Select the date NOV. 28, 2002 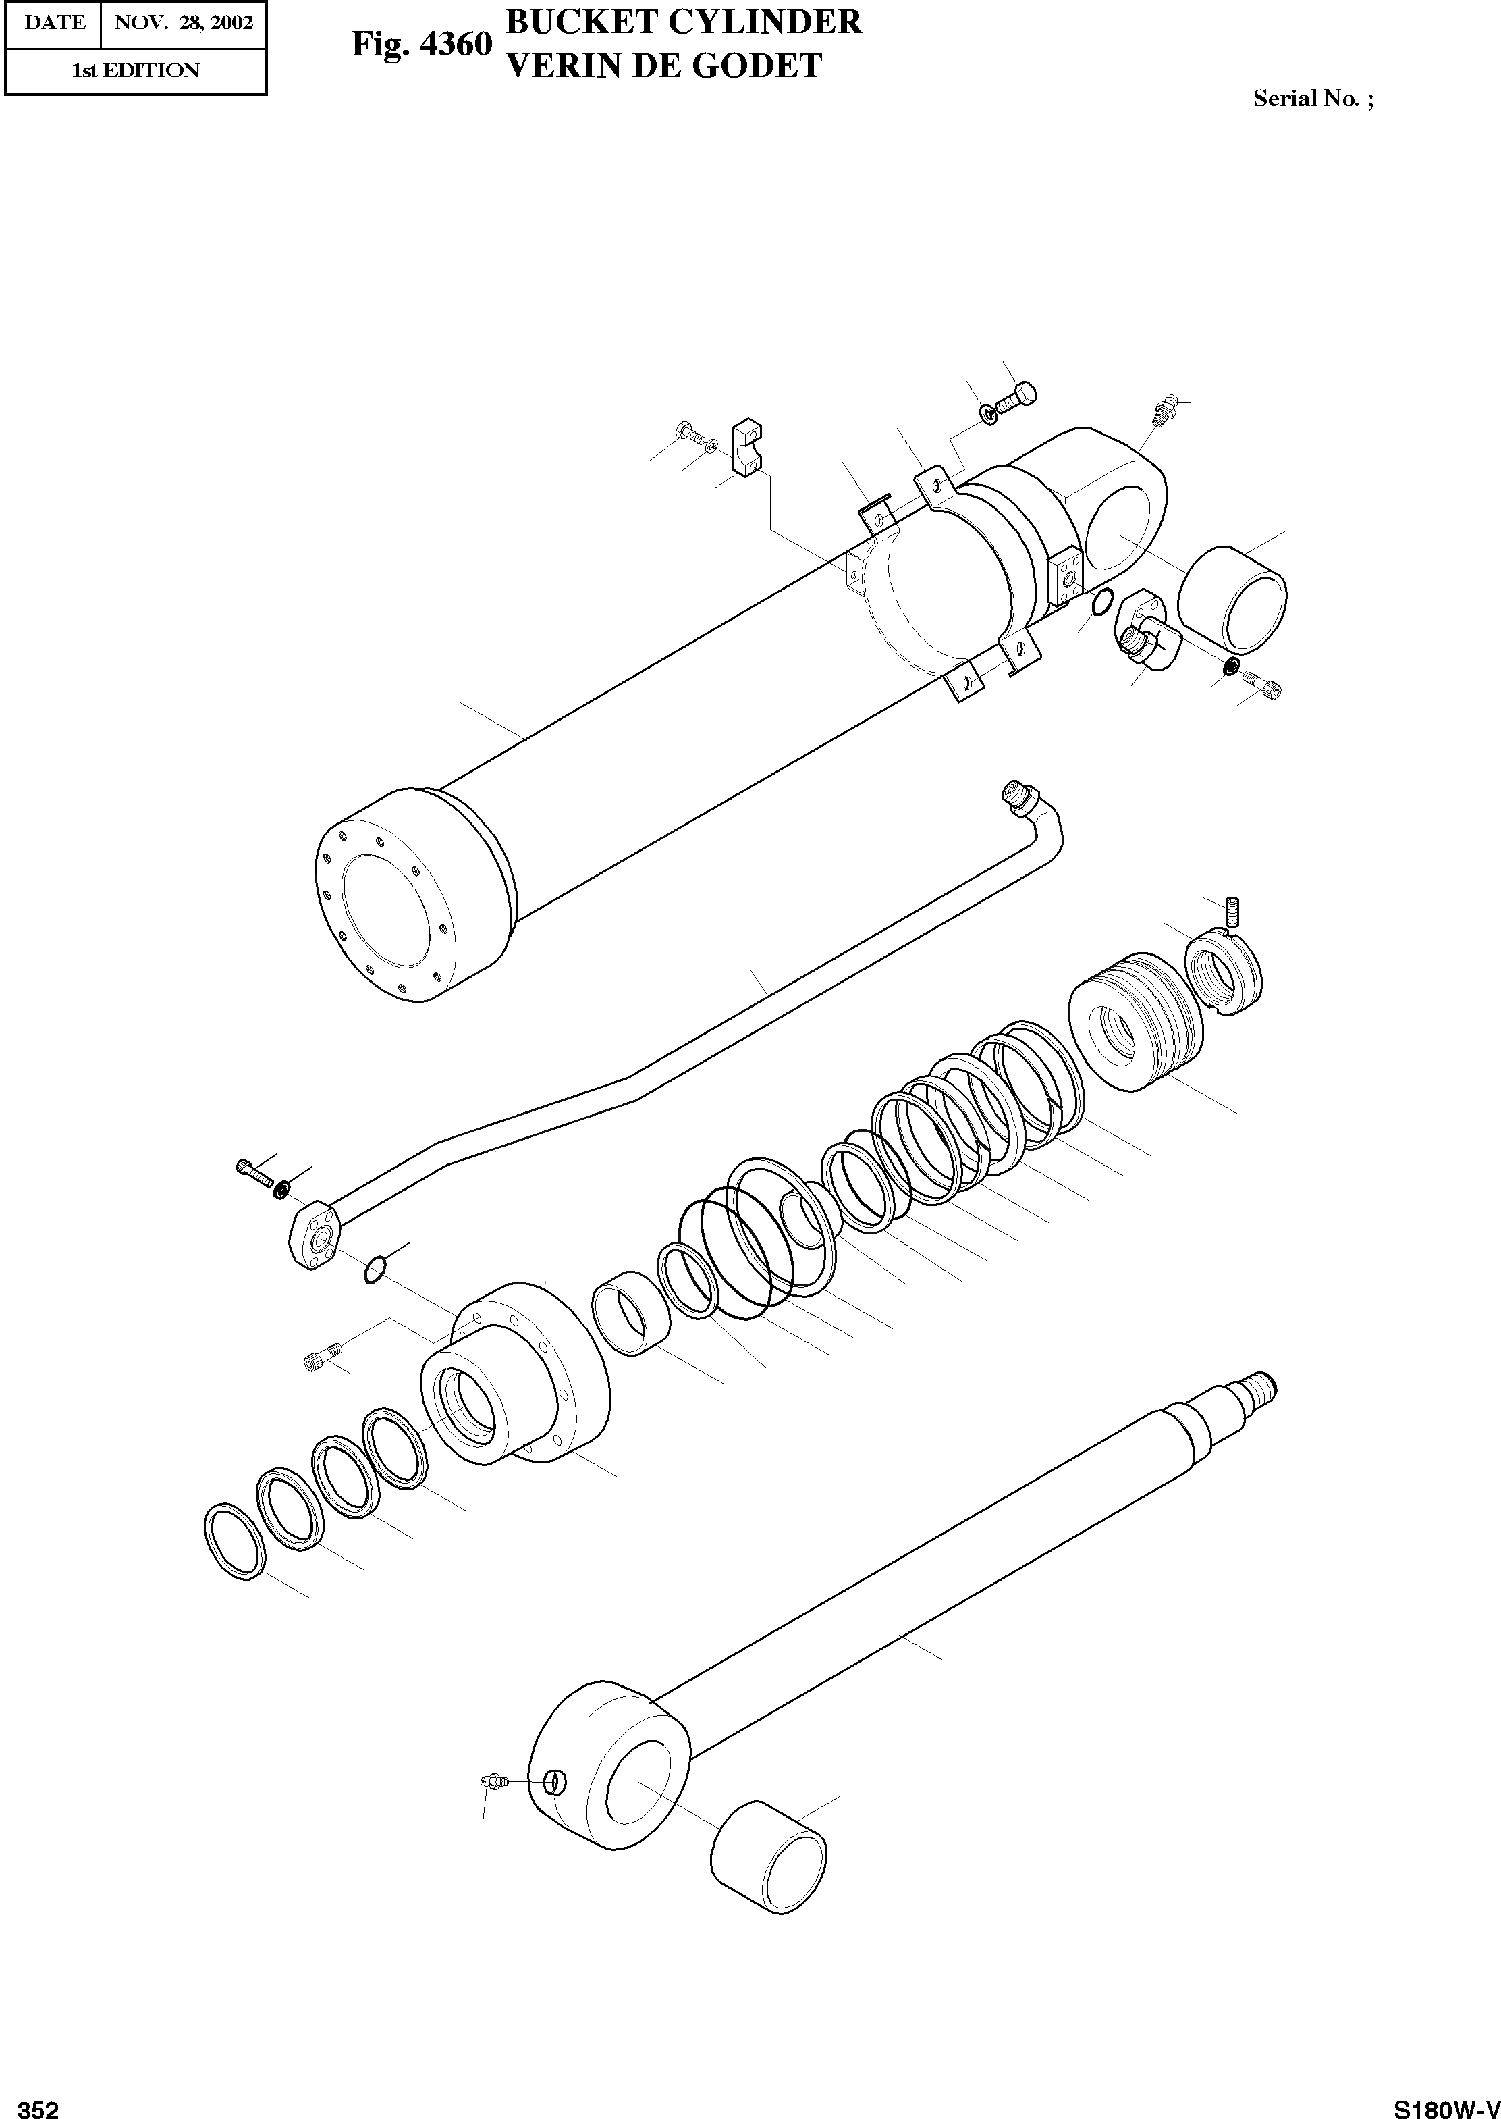coord(183,22)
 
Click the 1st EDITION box coord(135,70)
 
